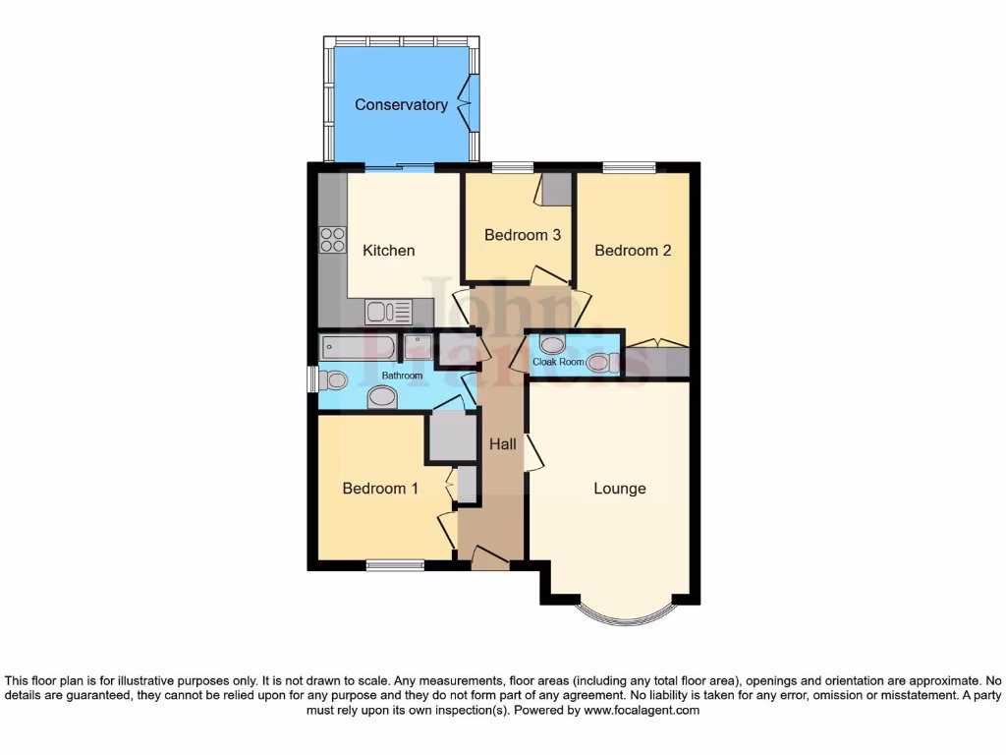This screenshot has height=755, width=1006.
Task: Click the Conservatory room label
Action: click(x=401, y=104)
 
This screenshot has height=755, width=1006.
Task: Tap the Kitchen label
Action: click(x=389, y=250)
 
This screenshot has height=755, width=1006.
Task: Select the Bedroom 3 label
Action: click(x=523, y=235)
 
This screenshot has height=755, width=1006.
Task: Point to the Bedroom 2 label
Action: click(x=633, y=250)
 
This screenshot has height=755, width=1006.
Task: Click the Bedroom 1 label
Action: click(x=380, y=488)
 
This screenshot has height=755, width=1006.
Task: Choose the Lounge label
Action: click(x=620, y=488)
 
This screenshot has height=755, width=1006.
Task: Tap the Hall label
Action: click(x=503, y=444)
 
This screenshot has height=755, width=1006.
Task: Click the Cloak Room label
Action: click(x=558, y=362)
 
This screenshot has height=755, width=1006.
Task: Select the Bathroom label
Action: click(x=402, y=376)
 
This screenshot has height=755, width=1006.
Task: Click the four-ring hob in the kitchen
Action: click(x=332, y=240)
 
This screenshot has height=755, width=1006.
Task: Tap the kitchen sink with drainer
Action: click(x=389, y=313)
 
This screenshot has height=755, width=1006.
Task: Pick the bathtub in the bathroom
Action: click(x=359, y=347)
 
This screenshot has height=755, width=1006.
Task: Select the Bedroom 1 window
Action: click(x=395, y=565)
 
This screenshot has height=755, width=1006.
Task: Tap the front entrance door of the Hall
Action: click(x=488, y=560)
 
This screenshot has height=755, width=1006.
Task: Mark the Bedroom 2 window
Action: click(x=630, y=166)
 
